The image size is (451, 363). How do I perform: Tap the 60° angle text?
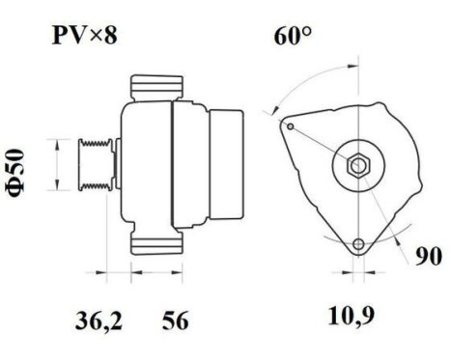coord(294,40)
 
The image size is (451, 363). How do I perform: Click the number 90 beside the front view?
coord(429,257)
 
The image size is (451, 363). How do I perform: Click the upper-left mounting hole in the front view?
coord(287,125)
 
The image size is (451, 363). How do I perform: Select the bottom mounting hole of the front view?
coord(359,243)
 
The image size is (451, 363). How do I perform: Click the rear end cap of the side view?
coord(230,166)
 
